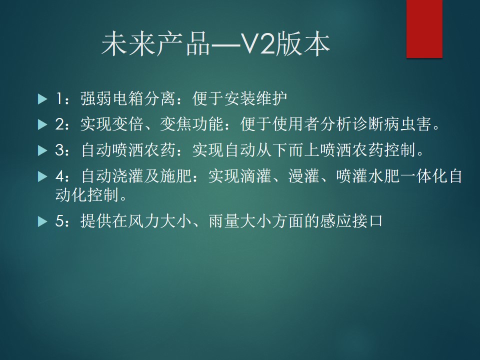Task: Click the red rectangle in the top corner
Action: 424,29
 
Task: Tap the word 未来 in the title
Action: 128,44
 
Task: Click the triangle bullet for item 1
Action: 42,99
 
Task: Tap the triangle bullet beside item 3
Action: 42,150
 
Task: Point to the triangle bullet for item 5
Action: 42,221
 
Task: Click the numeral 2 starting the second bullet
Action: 59,124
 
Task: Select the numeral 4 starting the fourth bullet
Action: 59,176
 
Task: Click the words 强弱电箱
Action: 111,99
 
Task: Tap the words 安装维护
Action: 256,99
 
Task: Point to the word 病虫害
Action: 408,124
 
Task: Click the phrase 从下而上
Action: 287,150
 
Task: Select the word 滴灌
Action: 255,176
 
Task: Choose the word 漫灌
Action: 303,176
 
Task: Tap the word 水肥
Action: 384,176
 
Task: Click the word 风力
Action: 143,221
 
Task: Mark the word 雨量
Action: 224,221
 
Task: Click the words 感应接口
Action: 351,221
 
